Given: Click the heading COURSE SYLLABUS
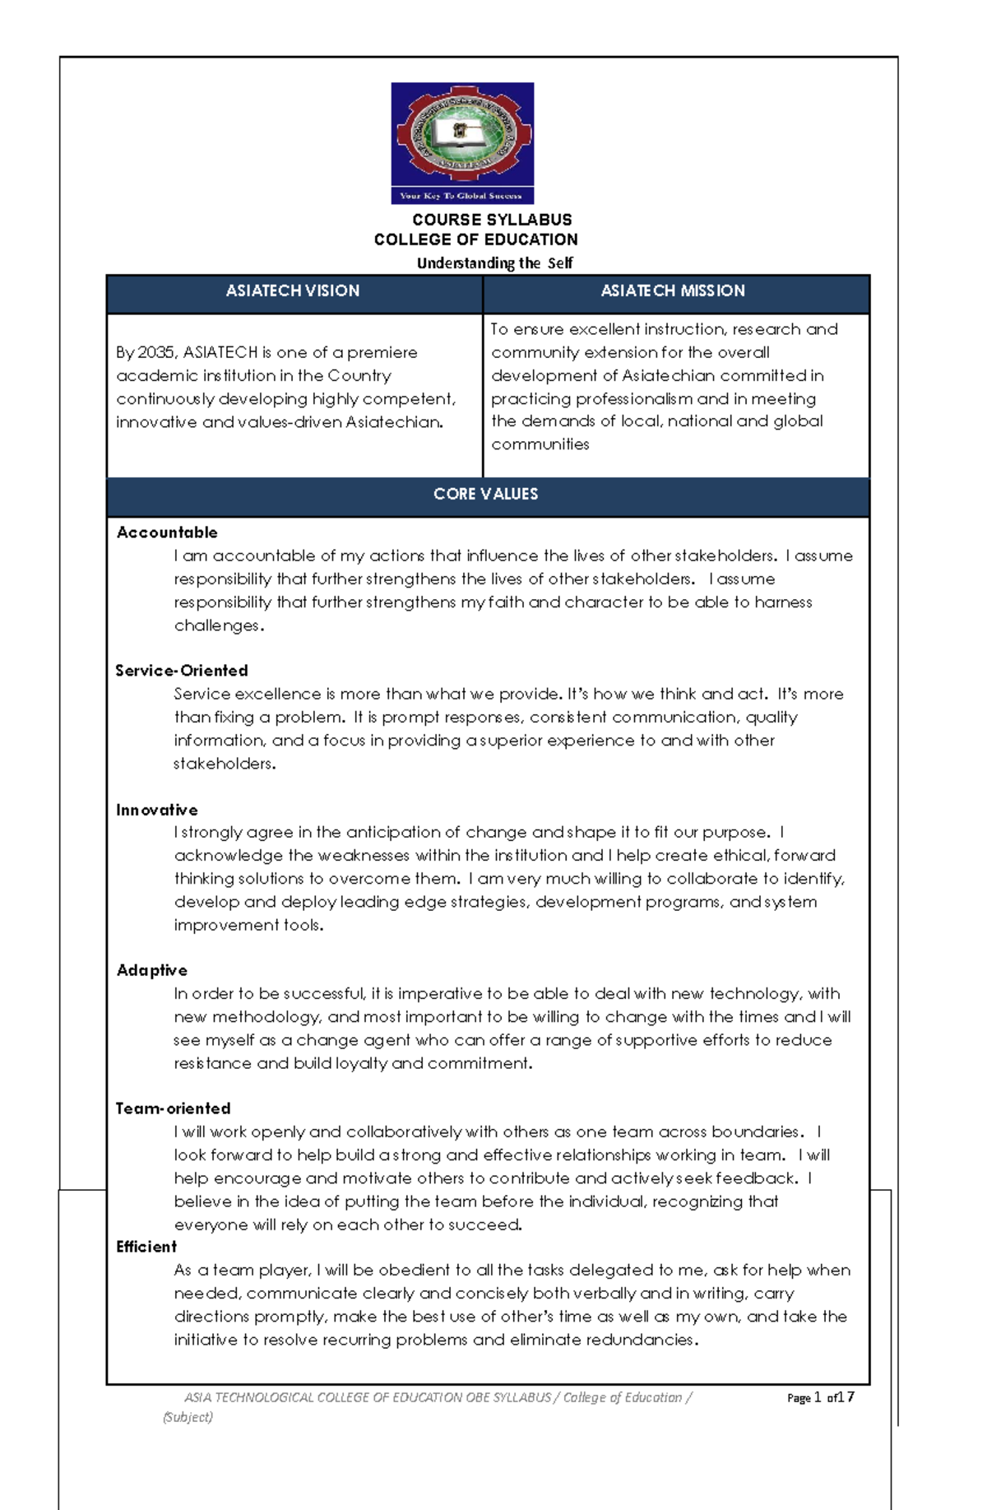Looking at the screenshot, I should click(492, 220).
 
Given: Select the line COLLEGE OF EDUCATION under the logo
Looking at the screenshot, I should click(475, 239).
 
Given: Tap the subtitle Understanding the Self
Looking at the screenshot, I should click(494, 263).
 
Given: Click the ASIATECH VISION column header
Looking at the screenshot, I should click(293, 290).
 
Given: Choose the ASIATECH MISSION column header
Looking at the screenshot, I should click(673, 290).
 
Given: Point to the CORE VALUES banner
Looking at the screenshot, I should click(486, 494).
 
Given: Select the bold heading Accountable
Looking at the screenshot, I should click(167, 532).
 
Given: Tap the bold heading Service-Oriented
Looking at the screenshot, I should click(182, 671).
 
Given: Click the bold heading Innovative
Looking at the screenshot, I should click(157, 810).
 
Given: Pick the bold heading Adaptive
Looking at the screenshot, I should click(152, 970).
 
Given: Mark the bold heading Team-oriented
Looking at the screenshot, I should click(174, 1108).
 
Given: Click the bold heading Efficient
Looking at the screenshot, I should click(146, 1247).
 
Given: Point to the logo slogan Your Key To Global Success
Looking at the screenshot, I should click(461, 196).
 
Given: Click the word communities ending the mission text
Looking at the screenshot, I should click(540, 444).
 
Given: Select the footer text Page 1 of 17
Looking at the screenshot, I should click(820, 1397).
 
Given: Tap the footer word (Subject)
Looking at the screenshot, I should click(188, 1417).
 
